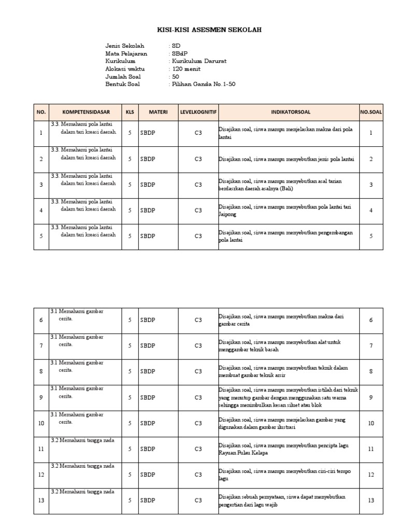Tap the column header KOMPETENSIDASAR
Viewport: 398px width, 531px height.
tap(85, 111)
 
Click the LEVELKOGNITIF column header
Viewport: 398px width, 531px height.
tap(198, 111)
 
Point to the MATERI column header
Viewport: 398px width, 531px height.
tap(158, 111)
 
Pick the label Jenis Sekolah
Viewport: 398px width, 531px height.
tap(124, 46)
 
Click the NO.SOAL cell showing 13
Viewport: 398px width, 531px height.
tap(371, 500)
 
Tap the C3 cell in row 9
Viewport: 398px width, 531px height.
tap(198, 398)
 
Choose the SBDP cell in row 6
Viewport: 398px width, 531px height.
tap(148, 320)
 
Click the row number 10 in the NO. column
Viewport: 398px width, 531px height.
tap(41, 423)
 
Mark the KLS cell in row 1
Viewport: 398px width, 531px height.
tap(130, 133)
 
